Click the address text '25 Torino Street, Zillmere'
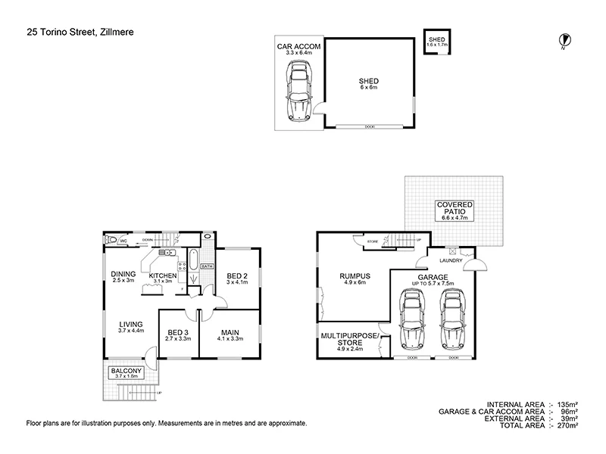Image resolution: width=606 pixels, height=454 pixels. (x=76, y=31)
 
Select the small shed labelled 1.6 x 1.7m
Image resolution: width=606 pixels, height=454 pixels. (x=436, y=42)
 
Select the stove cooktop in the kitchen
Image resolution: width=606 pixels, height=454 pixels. (x=182, y=265)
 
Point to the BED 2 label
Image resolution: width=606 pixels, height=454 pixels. (x=237, y=278)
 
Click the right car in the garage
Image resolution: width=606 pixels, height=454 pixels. (x=453, y=318)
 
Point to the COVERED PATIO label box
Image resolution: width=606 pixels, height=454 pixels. (x=454, y=210)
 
